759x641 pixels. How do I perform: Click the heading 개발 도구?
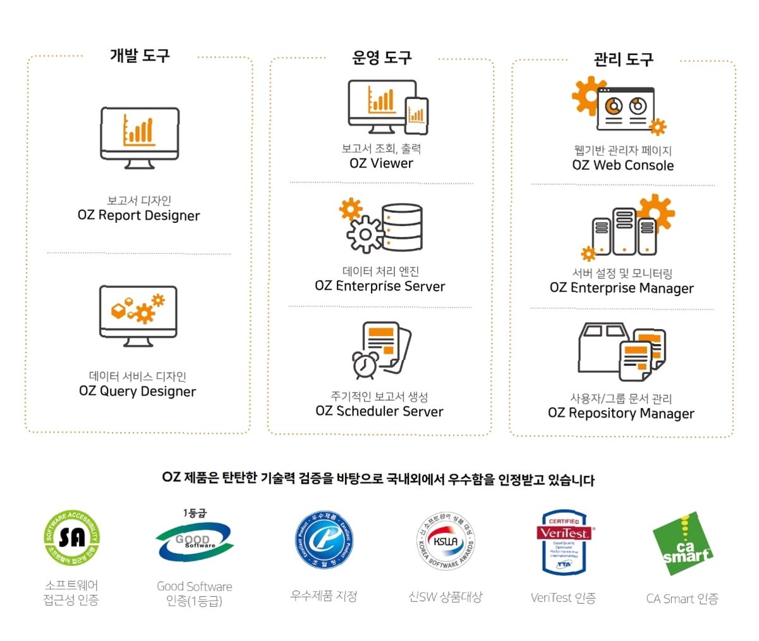pos(140,56)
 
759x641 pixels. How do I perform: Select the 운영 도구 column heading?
pos(382,58)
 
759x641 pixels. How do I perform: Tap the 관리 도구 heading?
pos(622,60)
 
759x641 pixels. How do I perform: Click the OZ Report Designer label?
pos(138,215)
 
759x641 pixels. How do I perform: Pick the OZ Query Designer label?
pos(137,391)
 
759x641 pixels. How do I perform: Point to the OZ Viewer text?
pos(381,164)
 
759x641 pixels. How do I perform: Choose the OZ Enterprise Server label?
pos(380,286)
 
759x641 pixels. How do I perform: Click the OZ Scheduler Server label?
pos(379,411)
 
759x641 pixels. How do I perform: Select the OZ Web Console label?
pos(622,165)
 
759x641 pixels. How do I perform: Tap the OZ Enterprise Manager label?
pos(621,288)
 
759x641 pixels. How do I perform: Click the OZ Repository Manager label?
pos(621,414)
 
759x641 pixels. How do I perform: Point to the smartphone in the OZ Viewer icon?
pos(416,116)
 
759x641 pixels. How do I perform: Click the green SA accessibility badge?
pos(72,538)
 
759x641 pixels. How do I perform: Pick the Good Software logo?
pos(194,541)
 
